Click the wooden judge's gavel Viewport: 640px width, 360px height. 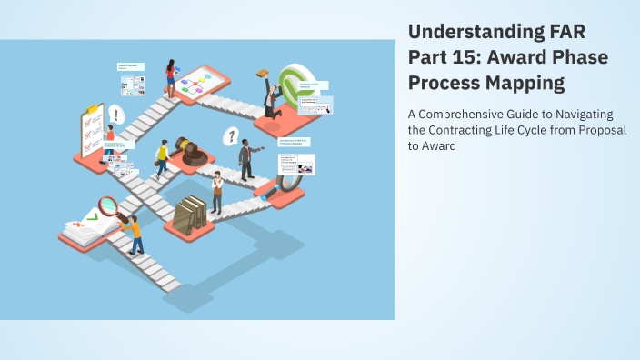pos(191,151)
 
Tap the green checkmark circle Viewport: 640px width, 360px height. pos(296,85)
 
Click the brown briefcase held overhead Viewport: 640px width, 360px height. pos(263,74)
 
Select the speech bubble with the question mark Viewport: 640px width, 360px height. pos(231,136)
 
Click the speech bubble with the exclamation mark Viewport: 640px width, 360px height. pos(115,115)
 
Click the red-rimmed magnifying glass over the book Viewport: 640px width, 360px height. pos(108,207)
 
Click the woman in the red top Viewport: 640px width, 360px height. pos(170,77)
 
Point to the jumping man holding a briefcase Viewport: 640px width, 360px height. pos(270,97)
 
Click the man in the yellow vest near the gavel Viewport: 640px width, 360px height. pos(163,159)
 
